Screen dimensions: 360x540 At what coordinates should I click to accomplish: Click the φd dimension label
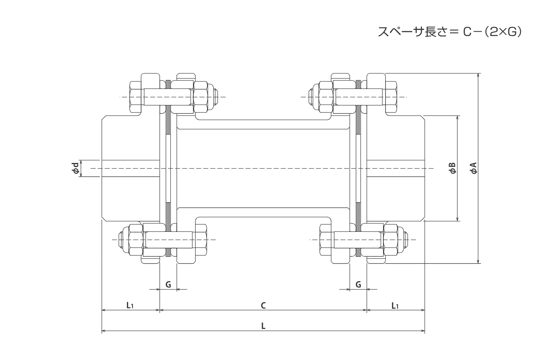[76, 168]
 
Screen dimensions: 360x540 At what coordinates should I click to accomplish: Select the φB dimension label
[453, 168]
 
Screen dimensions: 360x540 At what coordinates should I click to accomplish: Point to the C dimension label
[263, 306]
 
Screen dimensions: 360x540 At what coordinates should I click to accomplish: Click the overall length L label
[263, 326]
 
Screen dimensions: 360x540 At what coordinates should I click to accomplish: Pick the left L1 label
[130, 306]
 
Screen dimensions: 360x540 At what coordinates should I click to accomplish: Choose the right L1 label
[395, 306]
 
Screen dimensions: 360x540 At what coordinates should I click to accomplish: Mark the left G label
[168, 284]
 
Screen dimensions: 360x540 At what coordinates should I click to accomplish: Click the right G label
[358, 284]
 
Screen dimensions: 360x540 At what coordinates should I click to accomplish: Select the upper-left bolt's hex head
[136, 97]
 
